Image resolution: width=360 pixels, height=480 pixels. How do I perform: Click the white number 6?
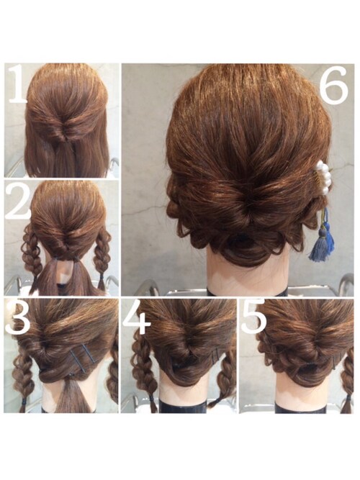click(x=334, y=85)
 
